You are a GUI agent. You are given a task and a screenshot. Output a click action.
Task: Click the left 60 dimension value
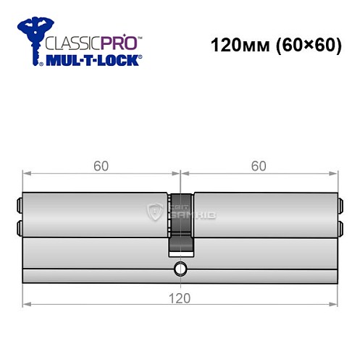pyautogui.click(x=101, y=166)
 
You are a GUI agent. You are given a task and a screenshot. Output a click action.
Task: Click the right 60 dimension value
pyautogui.click(x=259, y=166)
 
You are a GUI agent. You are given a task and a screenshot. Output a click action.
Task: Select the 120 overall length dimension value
pyautogui.click(x=180, y=298)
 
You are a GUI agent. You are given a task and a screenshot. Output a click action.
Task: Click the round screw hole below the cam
pyautogui.click(x=180, y=272)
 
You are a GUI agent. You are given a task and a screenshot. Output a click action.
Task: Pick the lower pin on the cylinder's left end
pyautogui.click(x=19, y=229)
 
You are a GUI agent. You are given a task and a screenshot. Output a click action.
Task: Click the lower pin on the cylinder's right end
pyautogui.click(x=340, y=229)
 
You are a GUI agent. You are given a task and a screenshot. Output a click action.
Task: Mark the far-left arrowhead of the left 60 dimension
pyautogui.click(x=27, y=174)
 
